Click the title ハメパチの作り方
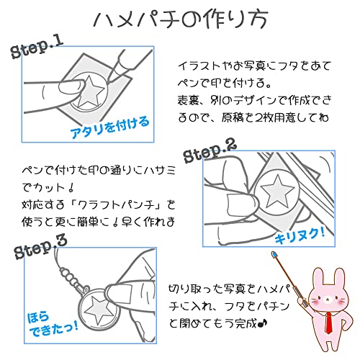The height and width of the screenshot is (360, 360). pos(181,19)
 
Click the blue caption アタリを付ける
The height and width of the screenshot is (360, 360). pos(109,127)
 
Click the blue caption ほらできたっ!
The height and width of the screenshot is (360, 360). pos(53,325)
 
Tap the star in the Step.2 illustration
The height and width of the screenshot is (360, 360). pos(278,191)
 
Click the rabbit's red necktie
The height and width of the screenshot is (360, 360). pos(328,322)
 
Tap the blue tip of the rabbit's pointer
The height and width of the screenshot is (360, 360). pos(274,255)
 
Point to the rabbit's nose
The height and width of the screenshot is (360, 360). pos(327,300)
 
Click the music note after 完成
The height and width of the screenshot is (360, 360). pos(262,324)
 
